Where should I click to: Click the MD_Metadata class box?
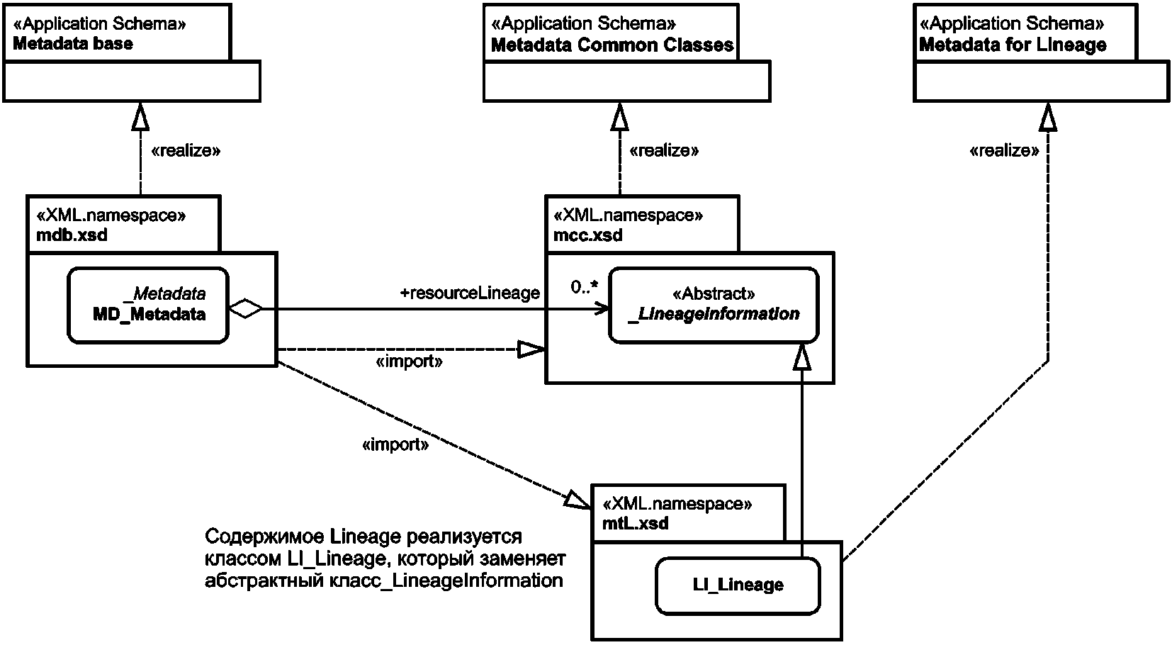(x=148, y=305)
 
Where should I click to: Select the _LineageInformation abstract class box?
(x=714, y=305)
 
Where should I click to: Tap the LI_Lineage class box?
(x=738, y=585)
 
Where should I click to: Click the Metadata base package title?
(x=73, y=43)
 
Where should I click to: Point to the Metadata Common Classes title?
(x=612, y=45)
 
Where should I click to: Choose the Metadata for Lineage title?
(x=1013, y=45)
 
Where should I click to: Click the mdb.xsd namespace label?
(x=72, y=235)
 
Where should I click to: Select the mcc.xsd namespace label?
(x=588, y=235)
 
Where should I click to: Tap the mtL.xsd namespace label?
(x=635, y=523)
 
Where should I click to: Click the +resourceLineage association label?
(x=470, y=293)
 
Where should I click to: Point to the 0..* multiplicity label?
(x=585, y=287)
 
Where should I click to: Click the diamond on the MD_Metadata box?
(x=245, y=308)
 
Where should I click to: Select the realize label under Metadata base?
(x=186, y=151)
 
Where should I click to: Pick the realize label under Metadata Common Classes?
(x=664, y=151)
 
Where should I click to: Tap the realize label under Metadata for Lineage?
(x=1004, y=151)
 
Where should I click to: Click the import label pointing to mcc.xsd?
(x=409, y=361)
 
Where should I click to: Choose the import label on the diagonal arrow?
(x=395, y=445)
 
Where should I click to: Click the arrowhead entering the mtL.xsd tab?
(x=577, y=500)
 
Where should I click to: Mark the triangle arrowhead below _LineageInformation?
(x=802, y=357)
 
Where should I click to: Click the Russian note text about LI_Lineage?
(x=385, y=559)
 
